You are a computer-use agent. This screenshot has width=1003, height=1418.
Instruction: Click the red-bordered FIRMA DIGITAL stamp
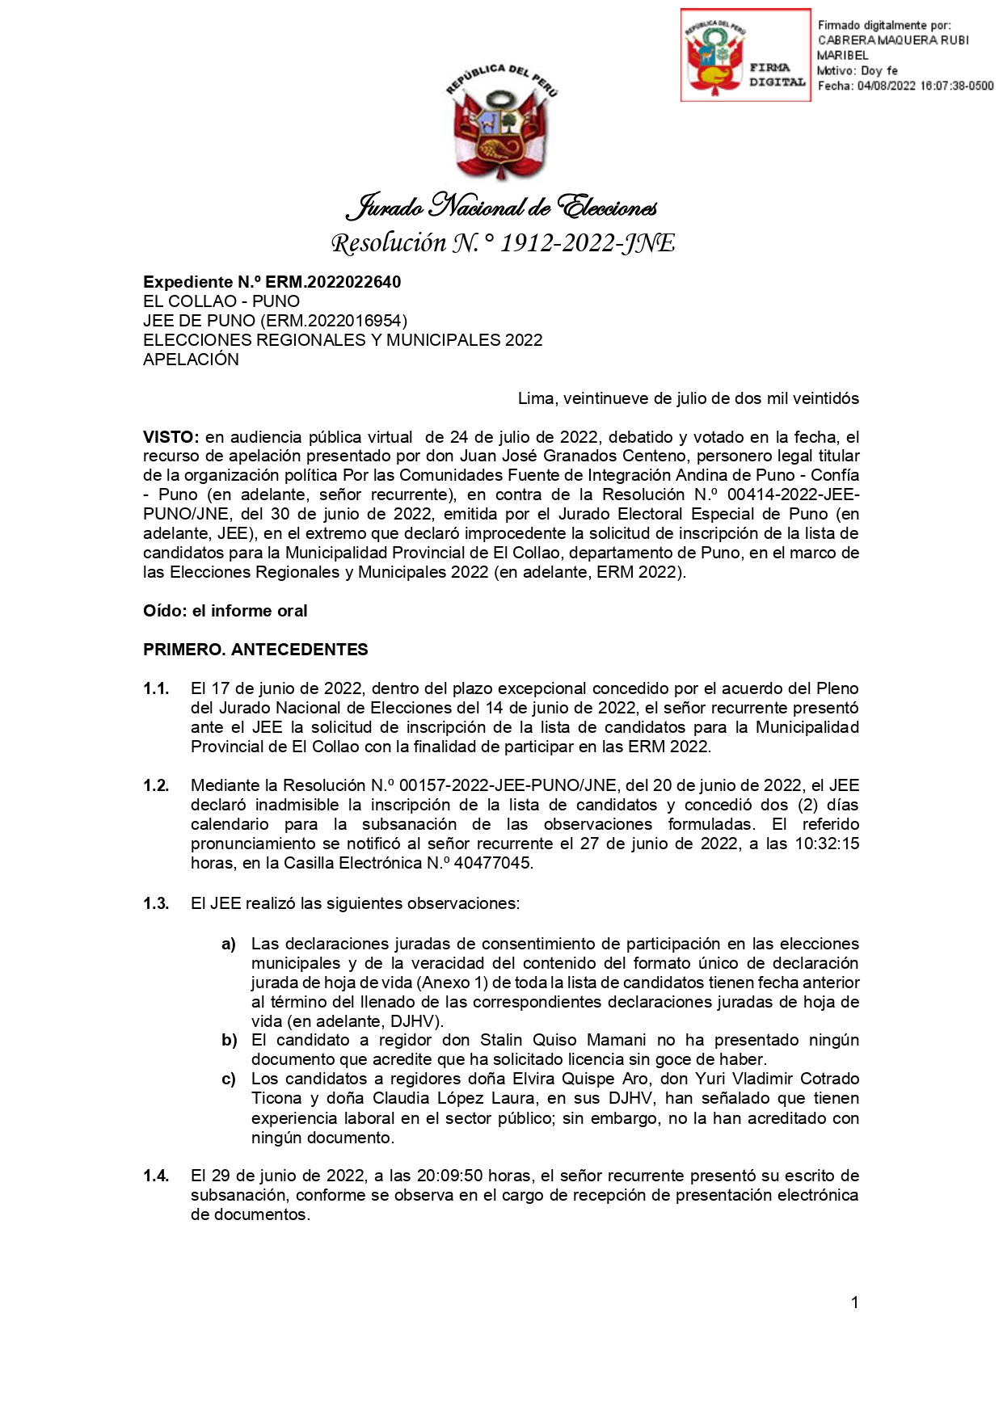(x=745, y=55)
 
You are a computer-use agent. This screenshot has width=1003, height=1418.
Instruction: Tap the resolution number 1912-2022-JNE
(x=587, y=243)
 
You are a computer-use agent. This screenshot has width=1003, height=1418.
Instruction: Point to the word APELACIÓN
(x=191, y=360)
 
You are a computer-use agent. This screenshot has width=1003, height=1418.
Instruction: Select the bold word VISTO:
(x=171, y=437)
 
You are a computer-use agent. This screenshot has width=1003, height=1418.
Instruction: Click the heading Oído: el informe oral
(x=225, y=611)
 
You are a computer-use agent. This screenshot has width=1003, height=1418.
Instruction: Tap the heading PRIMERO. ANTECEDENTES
(x=255, y=650)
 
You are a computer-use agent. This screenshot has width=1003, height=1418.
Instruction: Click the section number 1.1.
(x=156, y=688)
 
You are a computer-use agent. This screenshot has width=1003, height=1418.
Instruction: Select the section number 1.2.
(x=156, y=785)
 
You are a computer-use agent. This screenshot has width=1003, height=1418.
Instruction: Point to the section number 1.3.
(x=156, y=903)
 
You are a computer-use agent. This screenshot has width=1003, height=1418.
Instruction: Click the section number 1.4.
(x=156, y=1176)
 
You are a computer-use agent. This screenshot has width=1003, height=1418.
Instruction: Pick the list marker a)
(x=229, y=944)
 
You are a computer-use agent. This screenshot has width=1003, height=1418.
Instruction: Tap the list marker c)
(x=229, y=1079)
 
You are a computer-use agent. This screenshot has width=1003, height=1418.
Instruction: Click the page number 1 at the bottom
(x=854, y=1302)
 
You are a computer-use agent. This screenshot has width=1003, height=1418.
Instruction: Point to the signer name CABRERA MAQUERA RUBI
(x=893, y=40)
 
